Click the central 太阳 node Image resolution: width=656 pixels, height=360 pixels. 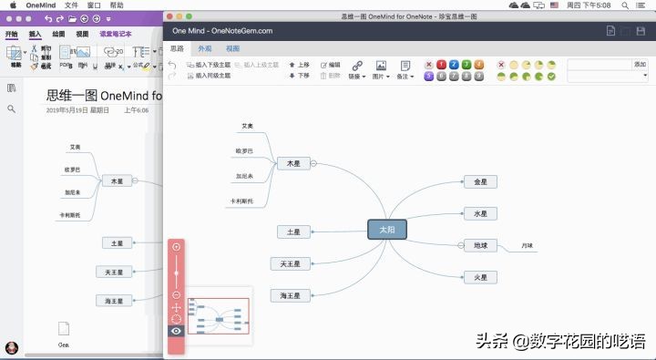point(386,230)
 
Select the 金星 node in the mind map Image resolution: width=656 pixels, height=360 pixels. point(480,182)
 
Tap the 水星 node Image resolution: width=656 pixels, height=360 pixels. point(480,213)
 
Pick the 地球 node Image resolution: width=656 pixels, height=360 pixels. point(480,245)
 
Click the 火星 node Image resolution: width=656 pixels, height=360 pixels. point(480,277)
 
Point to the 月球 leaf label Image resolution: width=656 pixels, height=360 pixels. point(528,246)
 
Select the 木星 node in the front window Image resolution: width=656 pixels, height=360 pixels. point(293,163)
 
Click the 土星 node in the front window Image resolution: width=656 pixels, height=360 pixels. point(293,232)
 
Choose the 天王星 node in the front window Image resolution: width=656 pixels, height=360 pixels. point(291,263)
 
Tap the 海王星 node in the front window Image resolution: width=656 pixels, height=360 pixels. point(291,295)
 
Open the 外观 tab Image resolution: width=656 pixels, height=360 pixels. point(205,47)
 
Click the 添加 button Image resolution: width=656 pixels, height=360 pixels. point(640,65)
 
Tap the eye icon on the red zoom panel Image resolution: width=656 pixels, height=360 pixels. point(177,331)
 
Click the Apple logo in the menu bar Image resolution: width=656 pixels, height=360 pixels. point(13,5)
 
